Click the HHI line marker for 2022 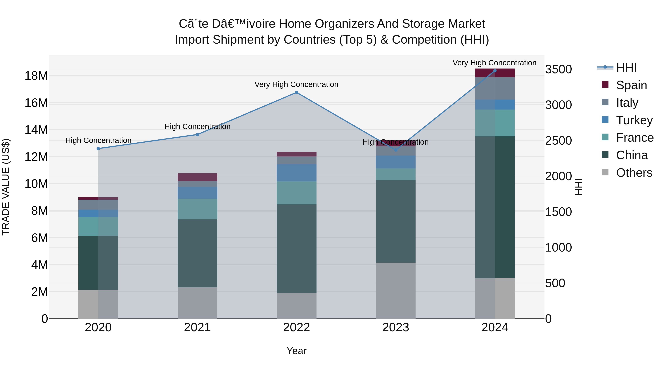pos(296,92)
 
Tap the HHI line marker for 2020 pos(98,149)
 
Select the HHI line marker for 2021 pos(197,134)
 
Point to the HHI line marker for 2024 pos(495,71)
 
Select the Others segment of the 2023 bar pos(395,290)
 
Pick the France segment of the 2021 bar pos(197,209)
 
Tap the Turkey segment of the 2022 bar pos(296,173)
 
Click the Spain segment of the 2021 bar pos(197,177)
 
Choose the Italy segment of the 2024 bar pos(495,88)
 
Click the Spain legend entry pos(631,85)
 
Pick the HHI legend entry pos(626,68)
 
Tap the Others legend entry pos(634,173)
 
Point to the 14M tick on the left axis pos(36,130)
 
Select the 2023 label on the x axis pos(395,327)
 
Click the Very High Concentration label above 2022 pos(296,84)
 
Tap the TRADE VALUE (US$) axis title pos(6,187)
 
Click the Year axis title pos(296,351)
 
